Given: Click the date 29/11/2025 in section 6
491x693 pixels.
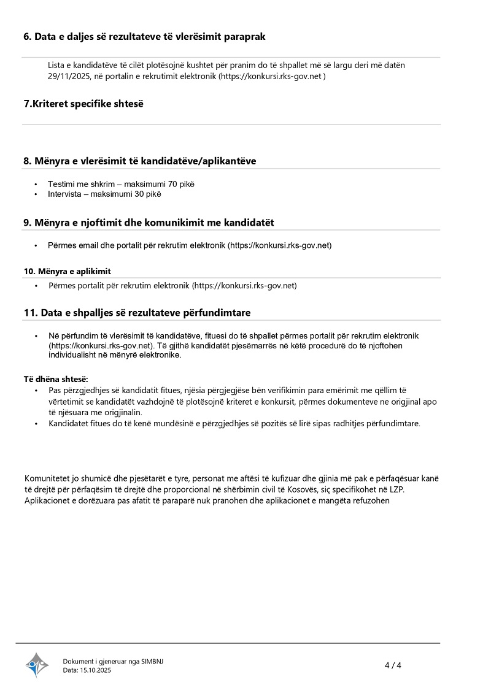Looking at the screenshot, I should [x=69, y=76].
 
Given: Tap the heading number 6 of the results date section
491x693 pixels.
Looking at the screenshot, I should [x=26, y=36].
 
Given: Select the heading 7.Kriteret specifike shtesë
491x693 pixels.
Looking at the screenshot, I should [x=83, y=104].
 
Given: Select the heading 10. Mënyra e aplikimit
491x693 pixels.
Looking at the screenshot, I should [x=68, y=271].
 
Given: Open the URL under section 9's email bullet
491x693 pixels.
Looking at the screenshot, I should [x=280, y=245].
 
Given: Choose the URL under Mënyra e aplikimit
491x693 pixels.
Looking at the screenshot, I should [x=245, y=285].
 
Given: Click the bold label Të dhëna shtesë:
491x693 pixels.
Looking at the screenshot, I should [x=56, y=379].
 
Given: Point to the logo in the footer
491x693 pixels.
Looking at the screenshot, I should [x=37, y=665].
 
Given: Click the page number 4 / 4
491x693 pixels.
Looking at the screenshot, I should [x=393, y=665].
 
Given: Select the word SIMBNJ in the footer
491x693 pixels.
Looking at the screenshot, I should [x=152, y=661].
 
